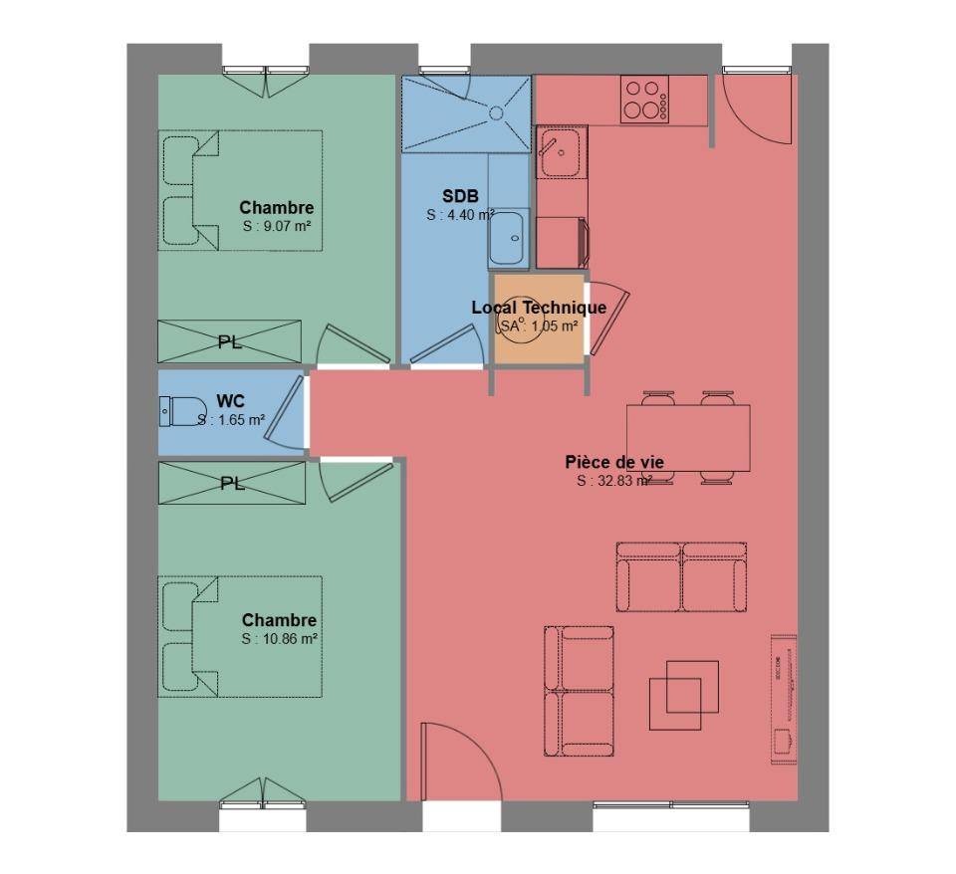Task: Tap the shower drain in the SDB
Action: coord(496,112)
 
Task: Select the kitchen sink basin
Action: coord(561,151)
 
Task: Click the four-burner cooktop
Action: coord(644,100)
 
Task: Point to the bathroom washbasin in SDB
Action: coord(508,238)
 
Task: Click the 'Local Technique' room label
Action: coord(539,308)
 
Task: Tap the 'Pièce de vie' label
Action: coord(614,462)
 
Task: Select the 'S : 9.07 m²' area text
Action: coord(277,226)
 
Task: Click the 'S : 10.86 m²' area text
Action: coord(279,639)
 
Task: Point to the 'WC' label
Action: coord(230,401)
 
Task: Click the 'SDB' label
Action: coord(460,196)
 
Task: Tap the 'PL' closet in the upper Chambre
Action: coord(230,341)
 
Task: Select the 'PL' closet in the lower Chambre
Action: coord(232,484)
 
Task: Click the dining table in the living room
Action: coord(688,438)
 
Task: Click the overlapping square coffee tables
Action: coord(683,696)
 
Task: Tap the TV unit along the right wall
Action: coord(784,699)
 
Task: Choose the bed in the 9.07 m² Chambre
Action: coord(240,190)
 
